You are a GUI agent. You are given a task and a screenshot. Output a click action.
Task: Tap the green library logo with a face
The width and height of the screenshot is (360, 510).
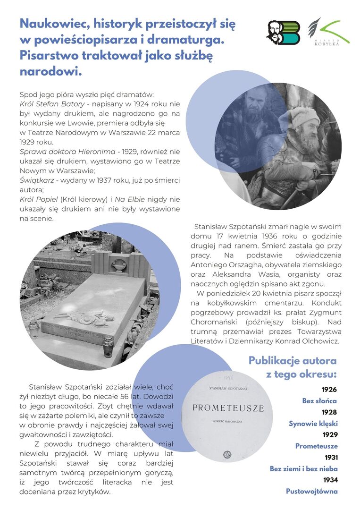click(283, 33)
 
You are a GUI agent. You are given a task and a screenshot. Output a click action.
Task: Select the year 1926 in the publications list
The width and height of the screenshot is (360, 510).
click(329, 390)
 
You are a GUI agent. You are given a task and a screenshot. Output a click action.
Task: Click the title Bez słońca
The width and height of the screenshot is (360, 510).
click(320, 401)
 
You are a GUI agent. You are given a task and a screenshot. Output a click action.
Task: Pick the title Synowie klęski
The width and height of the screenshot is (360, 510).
click(313, 424)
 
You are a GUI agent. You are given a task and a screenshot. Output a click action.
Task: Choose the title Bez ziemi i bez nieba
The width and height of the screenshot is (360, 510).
click(304, 469)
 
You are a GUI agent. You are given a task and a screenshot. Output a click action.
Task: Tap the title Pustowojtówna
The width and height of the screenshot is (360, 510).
click(312, 492)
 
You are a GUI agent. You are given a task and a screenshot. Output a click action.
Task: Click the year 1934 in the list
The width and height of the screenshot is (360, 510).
click(330, 480)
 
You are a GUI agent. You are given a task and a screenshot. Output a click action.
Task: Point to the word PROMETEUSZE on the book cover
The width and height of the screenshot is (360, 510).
click(228, 408)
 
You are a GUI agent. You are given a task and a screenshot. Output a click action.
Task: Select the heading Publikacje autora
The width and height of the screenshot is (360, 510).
click(293, 361)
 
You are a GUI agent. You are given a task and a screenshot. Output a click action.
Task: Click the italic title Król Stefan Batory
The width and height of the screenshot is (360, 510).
click(52, 104)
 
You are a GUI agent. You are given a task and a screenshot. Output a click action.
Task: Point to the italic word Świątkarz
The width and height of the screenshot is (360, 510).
click(36, 180)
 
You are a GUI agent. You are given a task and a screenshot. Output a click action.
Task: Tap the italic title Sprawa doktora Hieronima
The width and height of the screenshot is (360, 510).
click(67, 152)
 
